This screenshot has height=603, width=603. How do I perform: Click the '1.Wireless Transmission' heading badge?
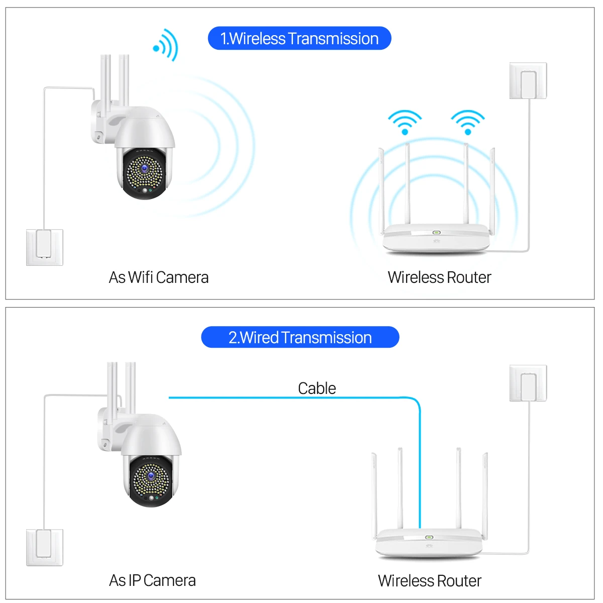pyautogui.click(x=299, y=39)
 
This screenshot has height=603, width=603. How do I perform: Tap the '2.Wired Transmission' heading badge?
pyautogui.click(x=300, y=337)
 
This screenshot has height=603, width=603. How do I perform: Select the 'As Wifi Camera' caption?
pyautogui.click(x=158, y=277)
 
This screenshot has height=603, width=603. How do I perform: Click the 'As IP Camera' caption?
pyautogui.click(x=152, y=580)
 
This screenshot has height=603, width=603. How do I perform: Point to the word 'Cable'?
pyautogui.click(x=317, y=388)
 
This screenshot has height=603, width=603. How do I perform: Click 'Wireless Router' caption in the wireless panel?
pyautogui.click(x=439, y=277)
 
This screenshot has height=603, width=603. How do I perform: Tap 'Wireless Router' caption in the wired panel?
pyautogui.click(x=430, y=581)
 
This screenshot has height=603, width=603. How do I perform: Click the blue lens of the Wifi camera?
pyautogui.click(x=144, y=169)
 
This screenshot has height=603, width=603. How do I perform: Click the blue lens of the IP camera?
pyautogui.click(x=151, y=476)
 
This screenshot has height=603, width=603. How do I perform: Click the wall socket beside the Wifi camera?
pyautogui.click(x=45, y=247)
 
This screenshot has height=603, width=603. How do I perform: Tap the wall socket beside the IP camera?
pyautogui.click(x=45, y=547)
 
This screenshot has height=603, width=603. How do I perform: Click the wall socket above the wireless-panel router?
pyautogui.click(x=528, y=81)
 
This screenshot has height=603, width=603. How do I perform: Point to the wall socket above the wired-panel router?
pyautogui.click(x=528, y=383)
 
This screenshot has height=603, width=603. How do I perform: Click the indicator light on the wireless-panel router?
pyautogui.click(x=436, y=233)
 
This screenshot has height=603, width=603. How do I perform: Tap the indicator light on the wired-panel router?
pyautogui.click(x=429, y=537)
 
